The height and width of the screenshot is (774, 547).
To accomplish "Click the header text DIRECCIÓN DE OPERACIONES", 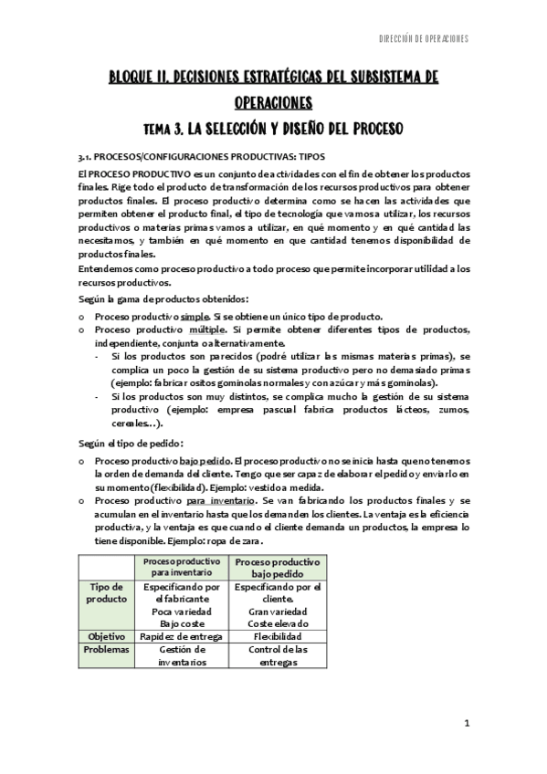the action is [422, 38].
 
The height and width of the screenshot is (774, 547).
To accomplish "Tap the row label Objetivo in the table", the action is [106, 635].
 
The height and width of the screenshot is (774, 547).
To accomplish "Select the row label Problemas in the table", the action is [106, 649].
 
